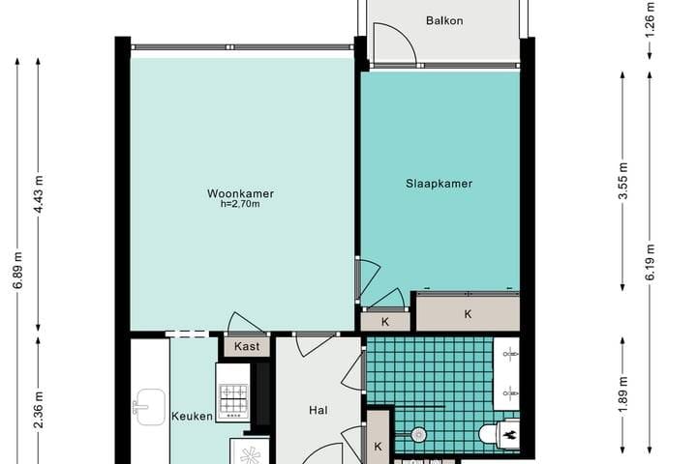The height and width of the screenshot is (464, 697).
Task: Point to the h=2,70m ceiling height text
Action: coord(240,205)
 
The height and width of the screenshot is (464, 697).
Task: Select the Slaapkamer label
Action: coord(439,183)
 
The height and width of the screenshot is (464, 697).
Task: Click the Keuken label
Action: coord(192,417)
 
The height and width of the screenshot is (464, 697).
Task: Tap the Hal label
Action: coord(318,411)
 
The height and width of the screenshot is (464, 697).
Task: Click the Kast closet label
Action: coord(246,345)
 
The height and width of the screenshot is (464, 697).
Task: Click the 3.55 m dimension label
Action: coord(624,181)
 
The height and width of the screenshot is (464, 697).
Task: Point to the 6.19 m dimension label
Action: coord(651,261)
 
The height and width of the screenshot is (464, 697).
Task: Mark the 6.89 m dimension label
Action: coord(16,290)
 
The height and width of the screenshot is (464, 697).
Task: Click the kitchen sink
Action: coord(148,407)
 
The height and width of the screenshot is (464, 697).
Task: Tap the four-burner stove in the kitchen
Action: coord(231,394)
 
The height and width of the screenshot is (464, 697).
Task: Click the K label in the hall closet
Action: coord(379,447)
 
